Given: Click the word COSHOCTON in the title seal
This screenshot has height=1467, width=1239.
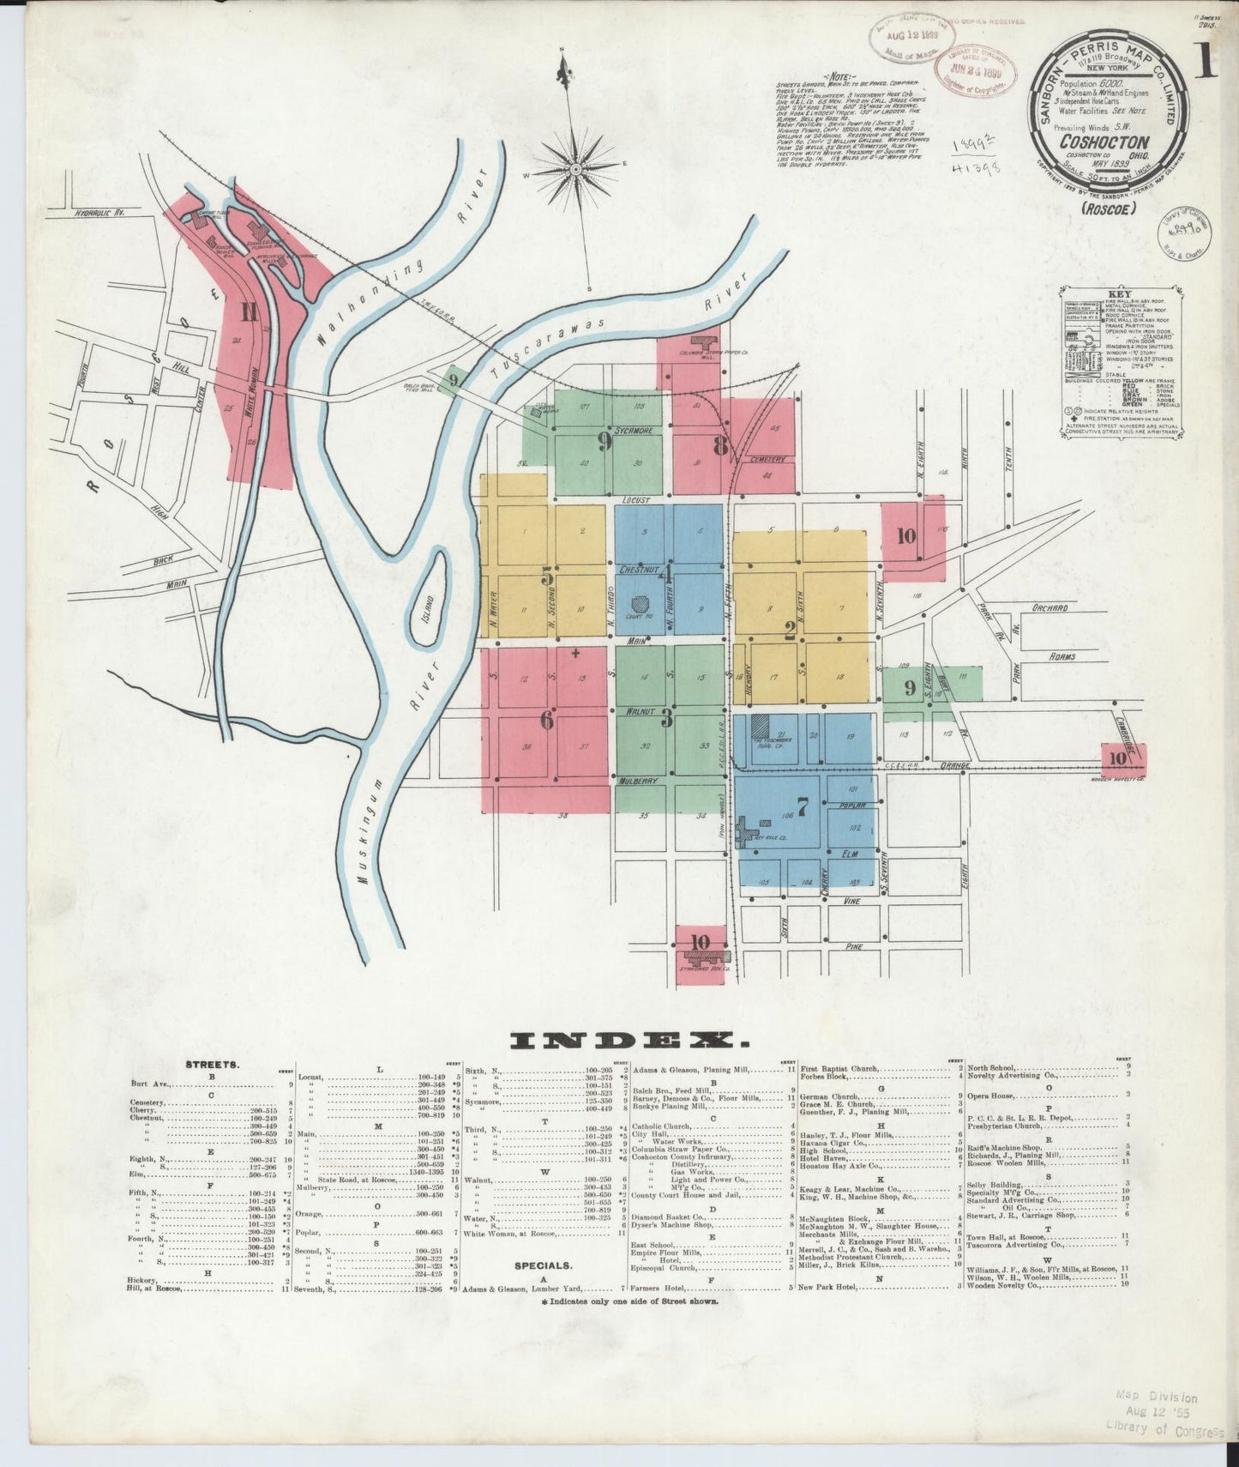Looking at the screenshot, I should (1104, 142).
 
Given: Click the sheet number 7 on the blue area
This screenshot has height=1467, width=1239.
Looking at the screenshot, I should (802, 806).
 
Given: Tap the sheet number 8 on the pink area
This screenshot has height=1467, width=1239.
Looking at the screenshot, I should (720, 445).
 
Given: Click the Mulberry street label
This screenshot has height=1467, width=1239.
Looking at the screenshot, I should (638, 781).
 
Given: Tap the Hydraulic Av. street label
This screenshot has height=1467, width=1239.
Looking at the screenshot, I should (99, 211).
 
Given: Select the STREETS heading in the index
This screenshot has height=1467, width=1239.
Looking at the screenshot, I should (212, 1064).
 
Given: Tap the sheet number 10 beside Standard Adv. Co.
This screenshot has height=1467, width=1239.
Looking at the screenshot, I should (701, 940).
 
